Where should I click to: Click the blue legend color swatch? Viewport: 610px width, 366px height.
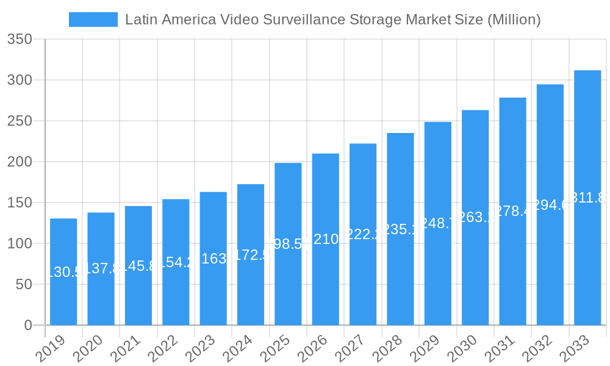[93, 20]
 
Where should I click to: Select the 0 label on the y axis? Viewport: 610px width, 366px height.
[27, 326]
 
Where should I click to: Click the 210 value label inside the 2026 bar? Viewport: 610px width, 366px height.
[326, 239]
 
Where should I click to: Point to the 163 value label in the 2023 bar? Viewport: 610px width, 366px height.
[213, 259]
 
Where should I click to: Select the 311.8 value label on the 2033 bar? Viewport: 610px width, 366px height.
[587, 198]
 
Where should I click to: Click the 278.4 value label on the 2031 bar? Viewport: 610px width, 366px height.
[513, 211]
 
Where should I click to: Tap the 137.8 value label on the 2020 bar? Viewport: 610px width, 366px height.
[101, 269]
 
